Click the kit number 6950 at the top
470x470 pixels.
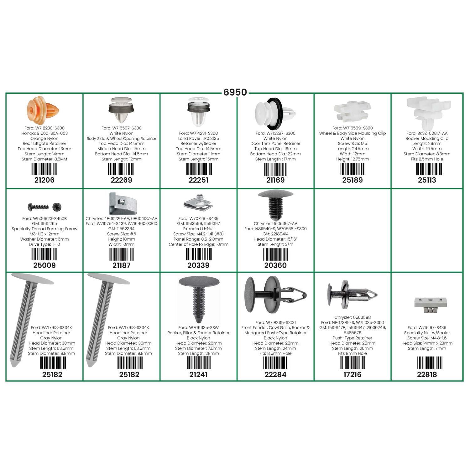tap(235, 92)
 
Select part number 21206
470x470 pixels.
tap(44, 180)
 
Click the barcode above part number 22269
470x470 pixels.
tap(121, 169)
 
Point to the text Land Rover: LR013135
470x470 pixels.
tap(198, 138)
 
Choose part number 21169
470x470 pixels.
tap(275, 180)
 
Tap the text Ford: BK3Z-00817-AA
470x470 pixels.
tap(427, 133)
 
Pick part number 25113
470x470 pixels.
tap(427, 180)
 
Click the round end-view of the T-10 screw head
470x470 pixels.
tap(57, 206)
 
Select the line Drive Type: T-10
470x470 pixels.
tap(44, 244)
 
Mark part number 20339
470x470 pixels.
tap(198, 265)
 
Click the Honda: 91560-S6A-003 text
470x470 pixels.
tap(44, 133)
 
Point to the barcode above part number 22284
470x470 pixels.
tap(275, 363)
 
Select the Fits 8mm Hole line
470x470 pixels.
tap(352, 353)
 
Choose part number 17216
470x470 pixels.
tap(352, 374)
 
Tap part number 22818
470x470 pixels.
tap(427, 374)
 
